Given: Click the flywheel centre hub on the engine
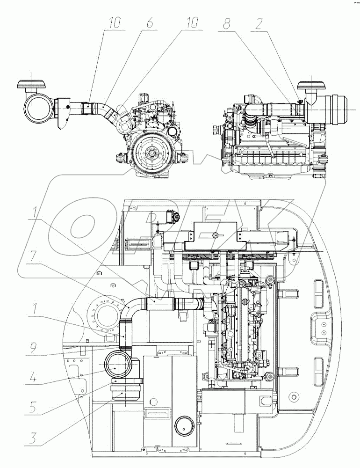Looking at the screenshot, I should point(151,153).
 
